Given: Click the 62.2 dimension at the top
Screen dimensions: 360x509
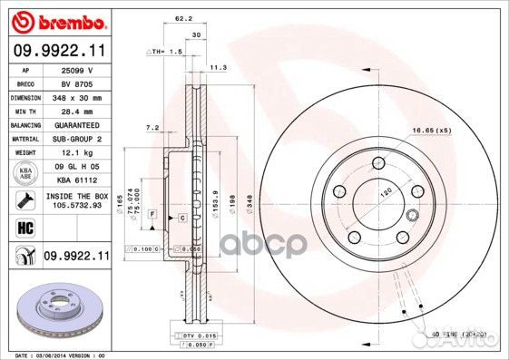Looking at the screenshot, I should click(183, 17).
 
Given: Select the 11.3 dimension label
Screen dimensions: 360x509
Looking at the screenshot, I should click(219, 67).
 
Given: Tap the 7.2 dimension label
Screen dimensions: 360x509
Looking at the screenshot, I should click(152, 128).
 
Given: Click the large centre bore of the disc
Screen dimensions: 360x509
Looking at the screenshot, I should click(377, 199).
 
